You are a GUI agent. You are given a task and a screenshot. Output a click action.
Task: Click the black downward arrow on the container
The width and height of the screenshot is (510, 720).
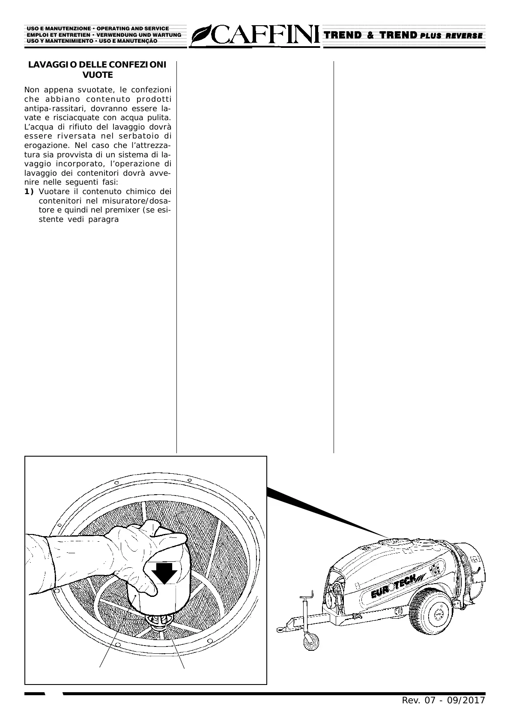tap(164, 573)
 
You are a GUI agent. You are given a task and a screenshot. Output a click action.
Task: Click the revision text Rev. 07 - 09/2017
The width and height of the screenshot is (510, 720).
tap(443, 700)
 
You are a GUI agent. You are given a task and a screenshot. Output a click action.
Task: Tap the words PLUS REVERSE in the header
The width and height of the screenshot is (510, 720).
tap(451, 36)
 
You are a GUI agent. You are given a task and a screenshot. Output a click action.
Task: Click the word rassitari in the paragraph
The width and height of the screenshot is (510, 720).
tap(64, 108)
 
